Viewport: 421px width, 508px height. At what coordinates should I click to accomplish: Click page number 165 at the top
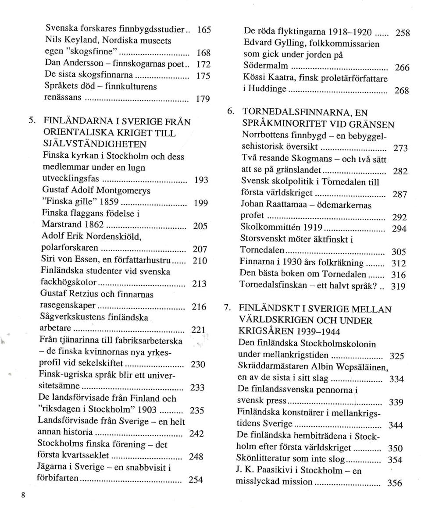click(x=204, y=30)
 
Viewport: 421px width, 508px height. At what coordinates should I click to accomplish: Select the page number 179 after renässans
click(x=201, y=99)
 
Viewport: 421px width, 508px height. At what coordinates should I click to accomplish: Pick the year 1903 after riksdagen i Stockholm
click(x=145, y=409)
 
